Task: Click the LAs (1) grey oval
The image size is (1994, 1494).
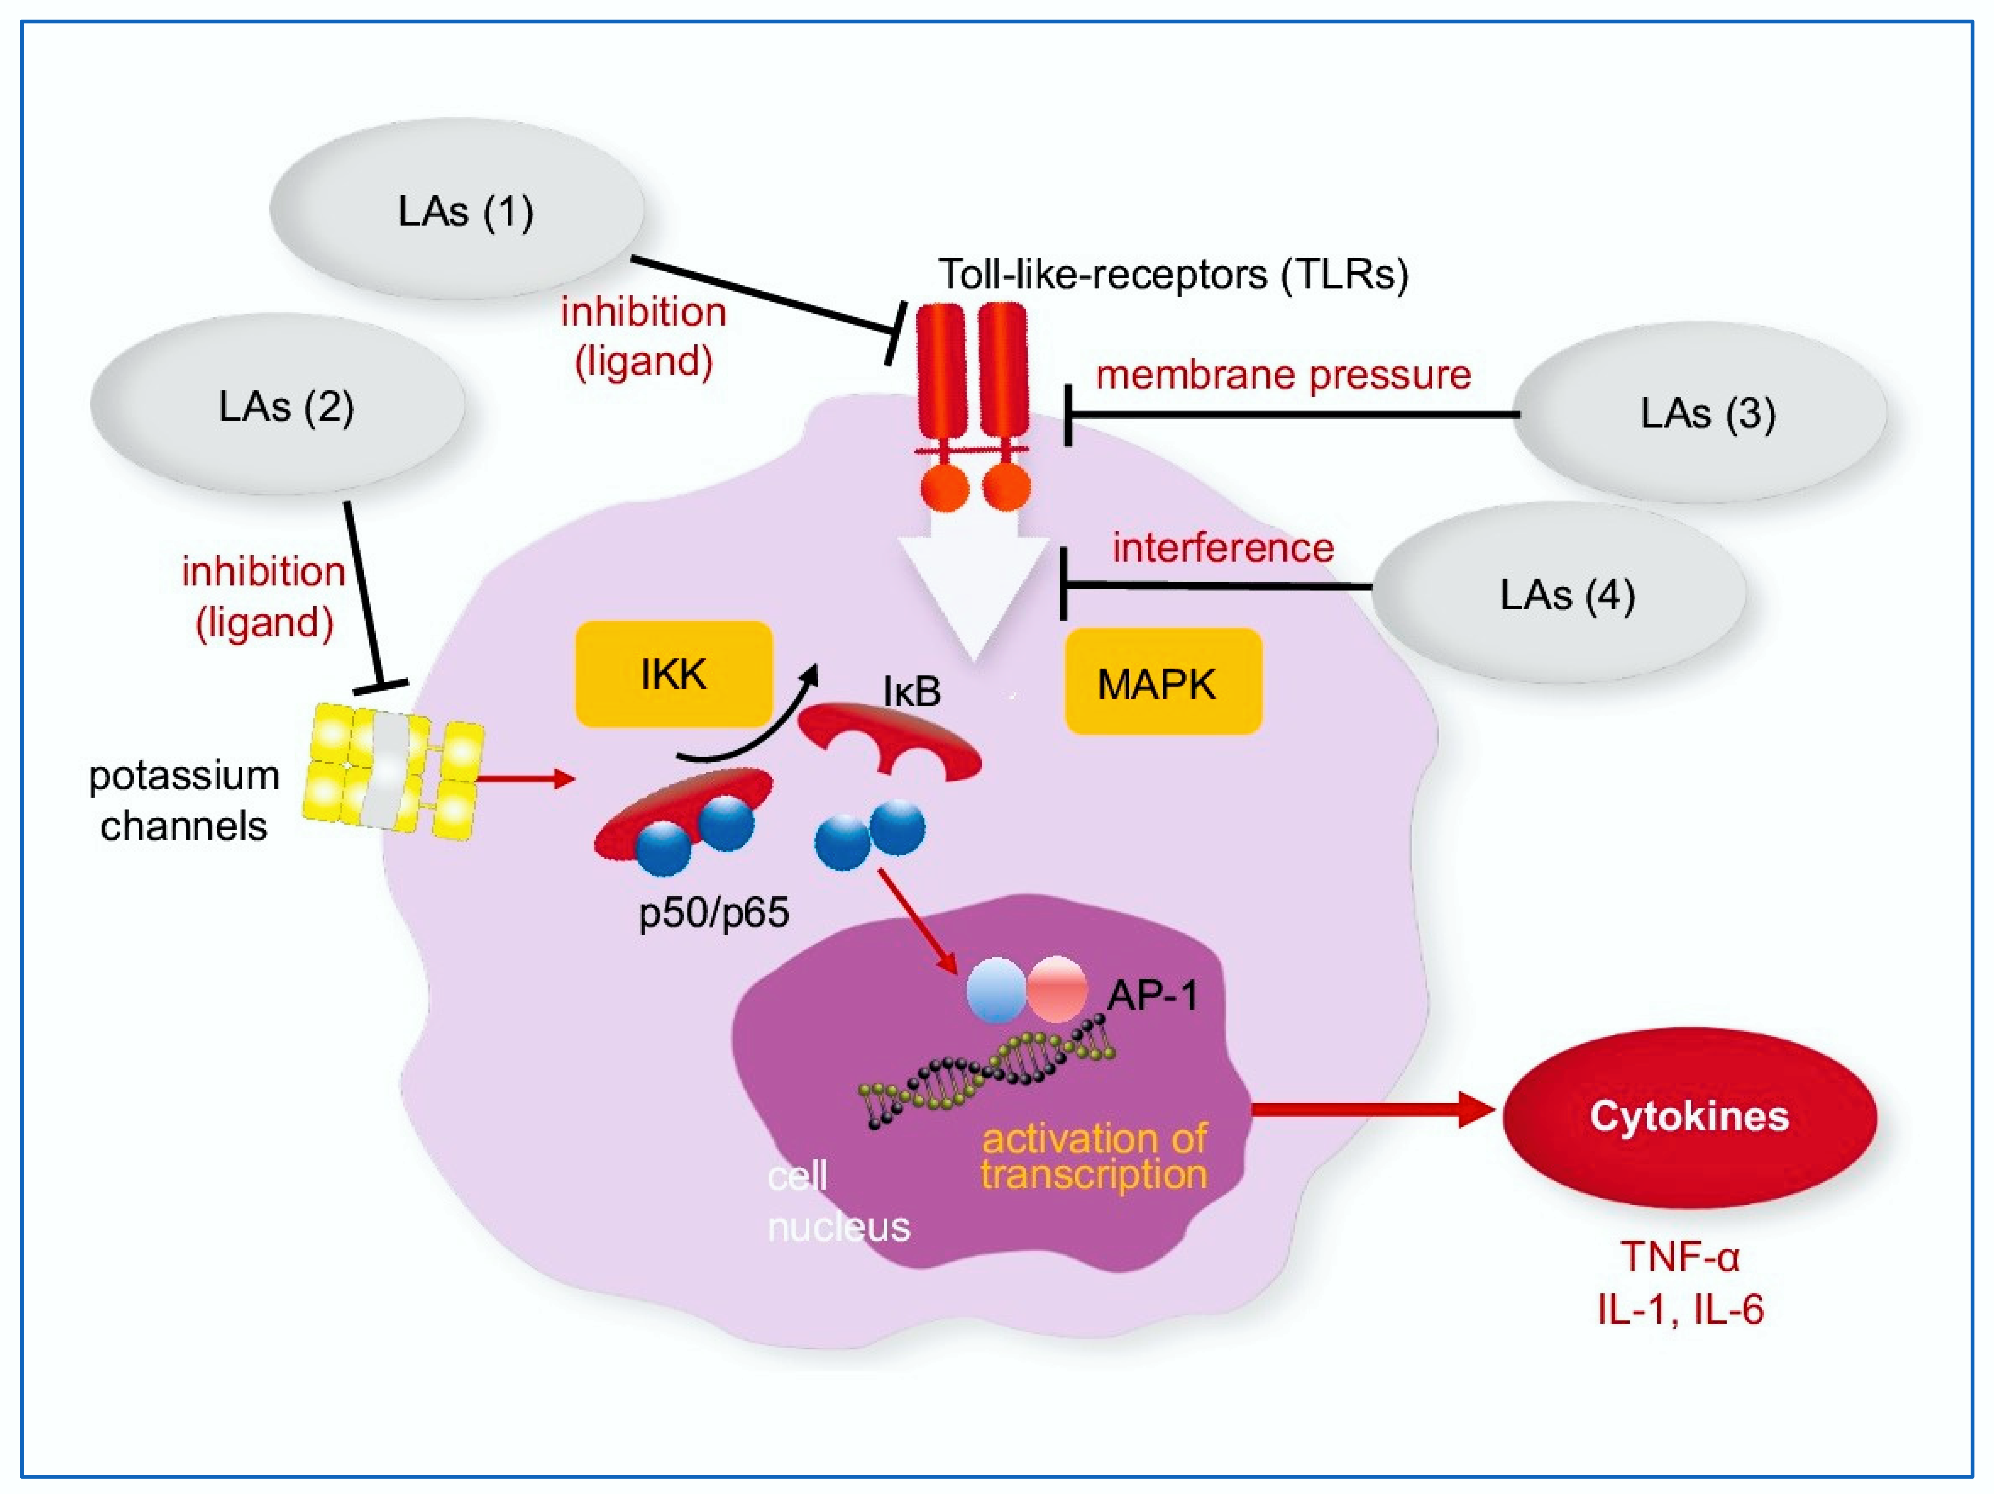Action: [457, 209]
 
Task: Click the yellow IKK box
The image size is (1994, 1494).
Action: [674, 673]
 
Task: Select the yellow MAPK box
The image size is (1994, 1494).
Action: [1163, 682]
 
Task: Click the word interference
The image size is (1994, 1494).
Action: [1223, 547]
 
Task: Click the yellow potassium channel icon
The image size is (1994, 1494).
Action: [397, 773]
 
